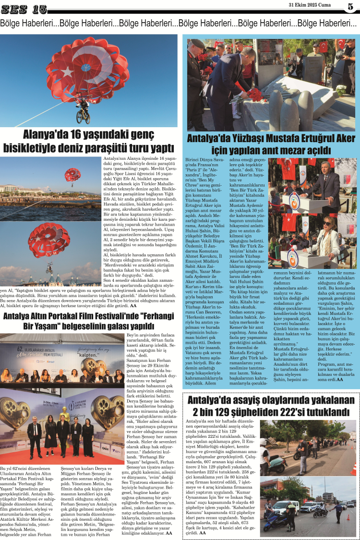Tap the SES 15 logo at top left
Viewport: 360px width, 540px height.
[x=24, y=9]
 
